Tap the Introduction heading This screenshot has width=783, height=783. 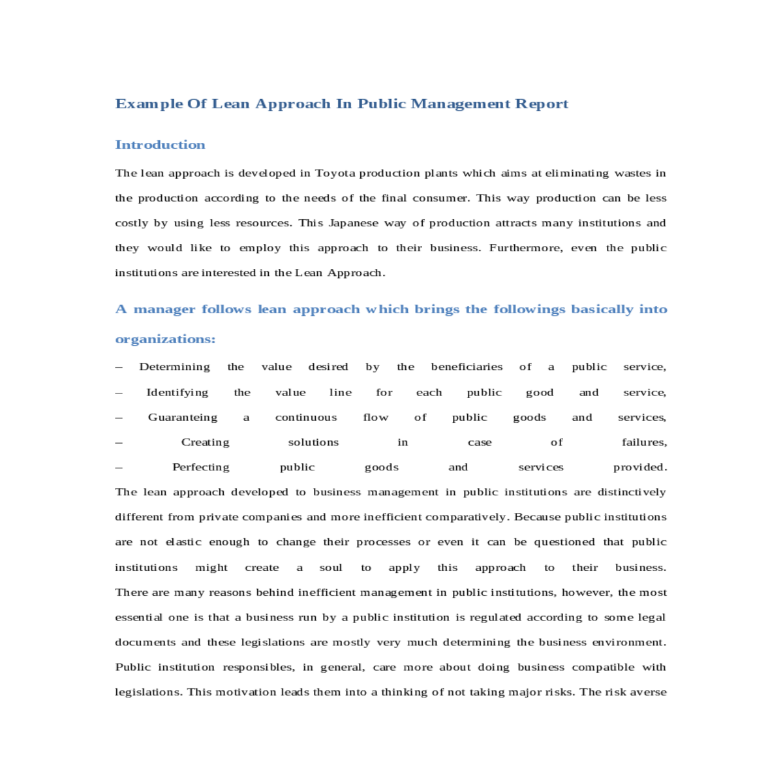point(160,145)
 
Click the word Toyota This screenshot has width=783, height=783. point(335,174)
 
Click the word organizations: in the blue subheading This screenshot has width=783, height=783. point(165,339)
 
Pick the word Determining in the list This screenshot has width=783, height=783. point(174,367)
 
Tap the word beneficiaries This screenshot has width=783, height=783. point(467,367)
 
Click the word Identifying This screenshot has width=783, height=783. point(177,392)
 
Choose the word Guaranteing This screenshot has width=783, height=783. point(183,418)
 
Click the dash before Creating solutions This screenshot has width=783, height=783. point(119,442)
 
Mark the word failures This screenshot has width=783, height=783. point(644,442)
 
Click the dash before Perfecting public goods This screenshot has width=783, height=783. point(119,467)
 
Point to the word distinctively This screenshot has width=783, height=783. point(632,492)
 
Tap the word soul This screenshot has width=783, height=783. point(331,568)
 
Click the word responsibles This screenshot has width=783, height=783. point(258,668)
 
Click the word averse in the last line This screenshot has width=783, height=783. point(649,692)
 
